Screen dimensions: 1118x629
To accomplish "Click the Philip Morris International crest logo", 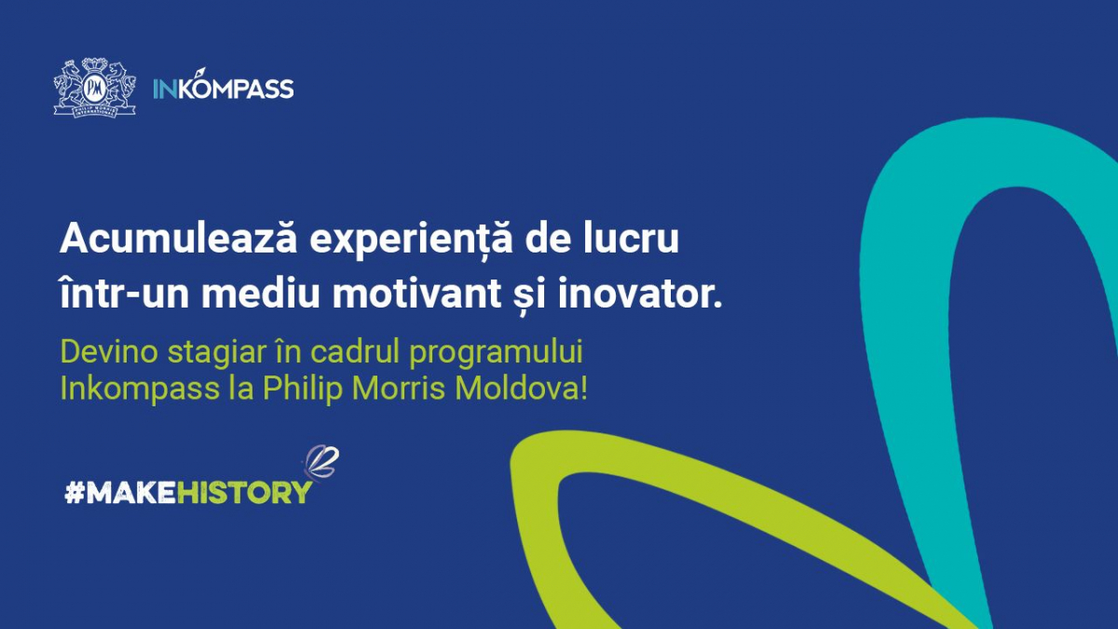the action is [95, 88].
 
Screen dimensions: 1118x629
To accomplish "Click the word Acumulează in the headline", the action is [179, 239].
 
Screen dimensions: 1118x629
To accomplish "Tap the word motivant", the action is [417, 293].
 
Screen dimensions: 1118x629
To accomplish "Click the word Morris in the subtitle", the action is [399, 388].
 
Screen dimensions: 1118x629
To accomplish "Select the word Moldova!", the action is [521, 388].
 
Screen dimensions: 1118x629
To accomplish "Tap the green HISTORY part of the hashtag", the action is [244, 493].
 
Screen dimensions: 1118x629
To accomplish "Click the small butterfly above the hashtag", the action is [320, 462].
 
